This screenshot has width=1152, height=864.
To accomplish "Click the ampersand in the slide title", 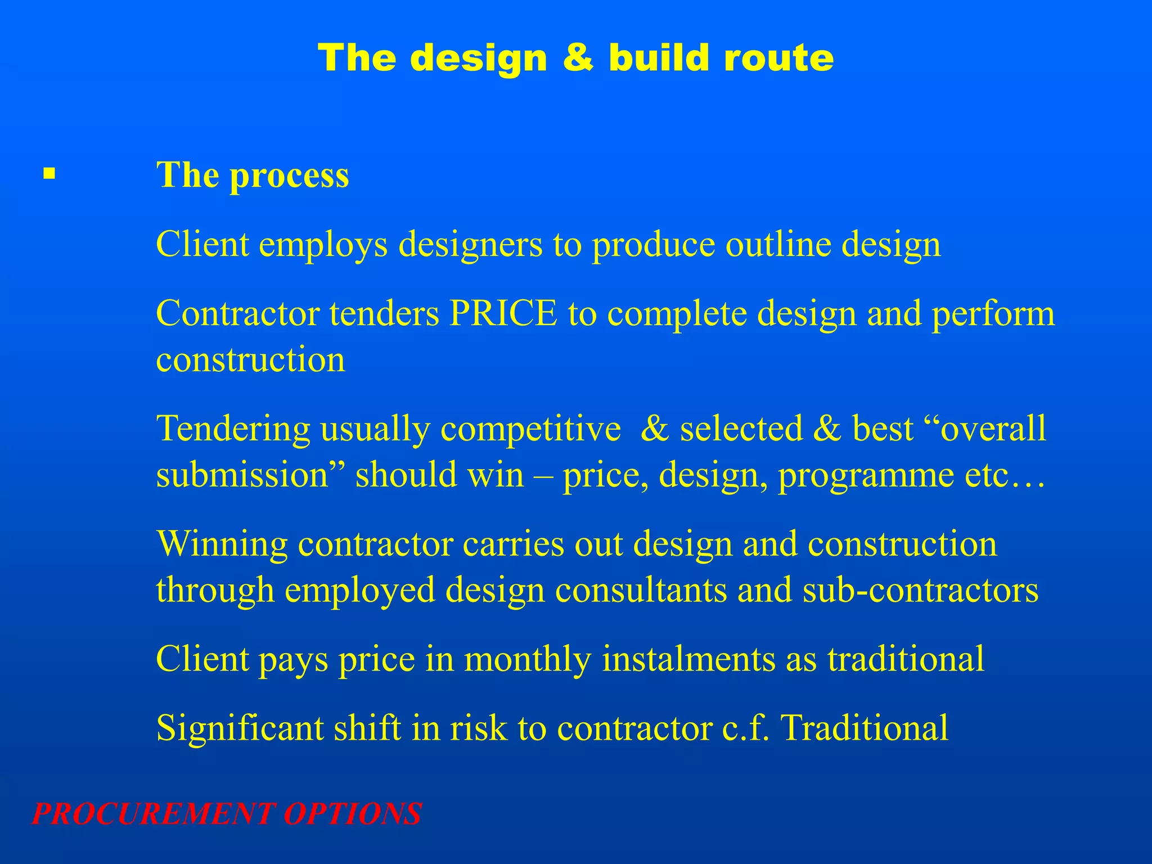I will pyautogui.click(x=578, y=58).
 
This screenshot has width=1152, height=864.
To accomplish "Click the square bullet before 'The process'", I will pyautogui.click(x=49, y=173).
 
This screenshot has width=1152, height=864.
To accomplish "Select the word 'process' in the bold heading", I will pyautogui.click(x=289, y=175).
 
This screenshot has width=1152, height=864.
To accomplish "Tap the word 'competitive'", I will pyautogui.click(x=530, y=429).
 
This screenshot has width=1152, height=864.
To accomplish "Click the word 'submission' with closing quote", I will pyautogui.click(x=250, y=475).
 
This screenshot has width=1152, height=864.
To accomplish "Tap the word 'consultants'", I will pyautogui.click(x=641, y=590).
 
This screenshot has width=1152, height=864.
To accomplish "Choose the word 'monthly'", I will pyautogui.click(x=528, y=659).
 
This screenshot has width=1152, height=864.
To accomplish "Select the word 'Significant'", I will pyautogui.click(x=240, y=728).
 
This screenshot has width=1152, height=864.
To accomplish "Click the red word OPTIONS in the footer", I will pyautogui.click(x=353, y=814).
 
